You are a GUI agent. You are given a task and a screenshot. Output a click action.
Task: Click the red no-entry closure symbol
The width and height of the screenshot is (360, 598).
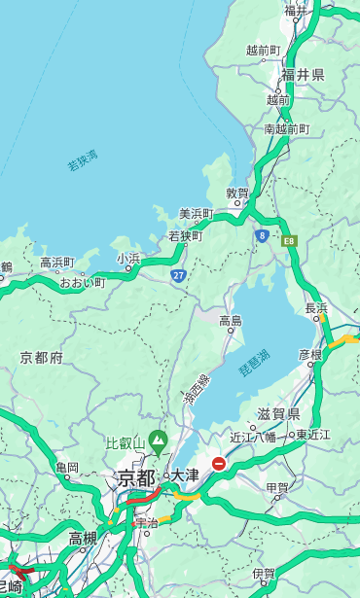click(220, 465)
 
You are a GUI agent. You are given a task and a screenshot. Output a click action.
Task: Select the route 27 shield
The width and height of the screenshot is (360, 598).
click(178, 276)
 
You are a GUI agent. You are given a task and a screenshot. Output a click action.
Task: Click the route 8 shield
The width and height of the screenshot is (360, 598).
click(262, 234)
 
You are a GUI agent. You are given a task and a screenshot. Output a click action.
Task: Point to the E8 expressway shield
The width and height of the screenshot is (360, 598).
click(288, 240)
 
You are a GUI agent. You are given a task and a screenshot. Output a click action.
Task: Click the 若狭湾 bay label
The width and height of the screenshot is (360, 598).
click(83, 160)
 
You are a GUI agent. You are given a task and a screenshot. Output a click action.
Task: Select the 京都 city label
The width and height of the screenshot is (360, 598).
click(136, 477)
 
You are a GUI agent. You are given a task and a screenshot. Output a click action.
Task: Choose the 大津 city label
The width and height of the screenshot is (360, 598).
click(185, 475)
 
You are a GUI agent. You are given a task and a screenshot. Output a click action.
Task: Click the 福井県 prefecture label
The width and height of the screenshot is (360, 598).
click(304, 75)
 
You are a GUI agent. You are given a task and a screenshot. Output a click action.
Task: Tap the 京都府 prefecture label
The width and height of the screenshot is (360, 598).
click(41, 358)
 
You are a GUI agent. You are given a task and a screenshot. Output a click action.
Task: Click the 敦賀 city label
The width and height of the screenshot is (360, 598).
click(237, 193)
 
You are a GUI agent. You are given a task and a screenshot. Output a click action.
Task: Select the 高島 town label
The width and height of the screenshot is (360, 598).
click(231, 320)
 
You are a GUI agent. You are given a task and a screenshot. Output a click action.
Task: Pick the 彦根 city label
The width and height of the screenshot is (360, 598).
click(309, 355)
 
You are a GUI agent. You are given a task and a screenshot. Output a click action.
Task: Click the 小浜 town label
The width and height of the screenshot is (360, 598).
click(128, 258)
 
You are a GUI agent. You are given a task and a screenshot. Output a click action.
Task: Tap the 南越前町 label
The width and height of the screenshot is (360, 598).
click(286, 128)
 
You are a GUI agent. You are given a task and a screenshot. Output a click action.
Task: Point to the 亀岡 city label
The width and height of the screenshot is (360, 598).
click(67, 467)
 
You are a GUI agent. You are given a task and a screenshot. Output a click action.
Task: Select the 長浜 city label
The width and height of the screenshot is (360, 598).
click(317, 308)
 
